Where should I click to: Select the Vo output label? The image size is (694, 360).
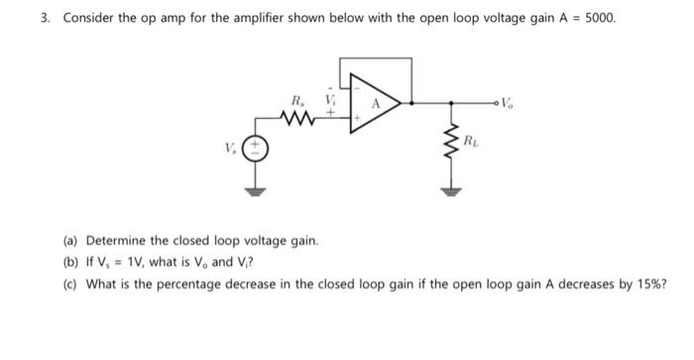tap(509, 100)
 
